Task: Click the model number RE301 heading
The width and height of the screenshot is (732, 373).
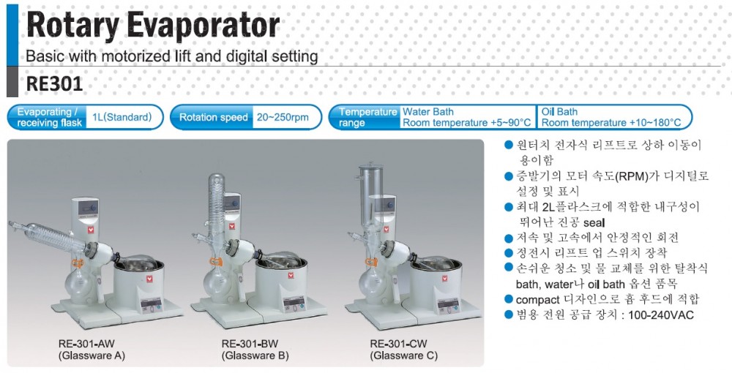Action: coord(54,84)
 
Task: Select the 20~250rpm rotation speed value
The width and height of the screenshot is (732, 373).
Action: coord(283,118)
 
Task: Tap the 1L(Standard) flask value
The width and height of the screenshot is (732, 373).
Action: coord(122,118)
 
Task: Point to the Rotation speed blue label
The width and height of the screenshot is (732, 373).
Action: coord(213,118)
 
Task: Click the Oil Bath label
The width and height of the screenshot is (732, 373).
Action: coord(559,112)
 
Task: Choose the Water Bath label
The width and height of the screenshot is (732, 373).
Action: coord(428,112)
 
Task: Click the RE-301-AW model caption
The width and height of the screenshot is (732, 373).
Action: coord(86,344)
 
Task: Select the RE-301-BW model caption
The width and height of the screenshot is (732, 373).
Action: coord(250,344)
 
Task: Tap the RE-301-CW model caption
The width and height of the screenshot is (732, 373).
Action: coord(399,344)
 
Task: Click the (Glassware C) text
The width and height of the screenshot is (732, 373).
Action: coord(404,355)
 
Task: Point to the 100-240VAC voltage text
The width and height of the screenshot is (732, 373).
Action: coord(661,315)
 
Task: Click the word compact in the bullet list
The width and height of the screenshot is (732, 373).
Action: coord(537,299)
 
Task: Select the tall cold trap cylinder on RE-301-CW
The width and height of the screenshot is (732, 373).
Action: coord(370,194)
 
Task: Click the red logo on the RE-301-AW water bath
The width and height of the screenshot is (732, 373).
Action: coord(150,279)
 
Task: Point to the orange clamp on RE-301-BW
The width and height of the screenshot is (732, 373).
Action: coord(216,263)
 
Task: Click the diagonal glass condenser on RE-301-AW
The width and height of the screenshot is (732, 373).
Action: coord(51,237)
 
